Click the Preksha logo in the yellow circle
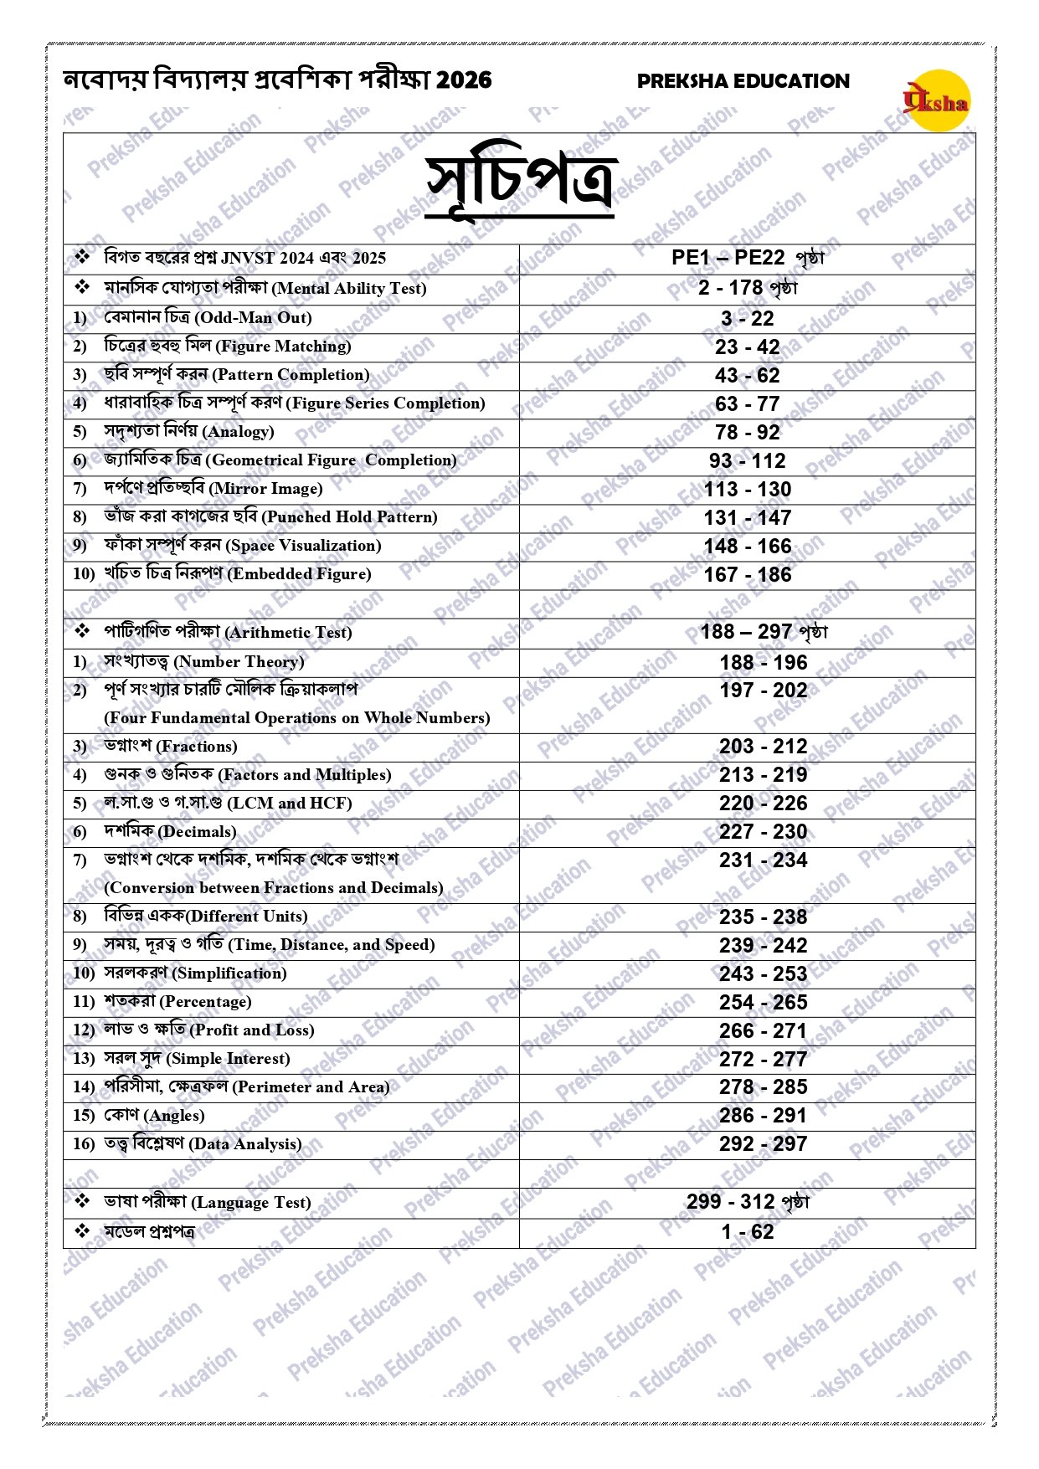pos(937,101)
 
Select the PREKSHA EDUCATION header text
pos(743,81)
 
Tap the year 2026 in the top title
pos(464,80)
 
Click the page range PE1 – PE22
pos(728,258)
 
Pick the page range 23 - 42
pos(747,347)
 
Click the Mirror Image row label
pos(213,489)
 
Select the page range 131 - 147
pos(747,518)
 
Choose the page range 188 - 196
pos(763,663)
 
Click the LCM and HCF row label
pos(228,804)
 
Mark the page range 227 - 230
pos(763,832)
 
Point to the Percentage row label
pos(177,1002)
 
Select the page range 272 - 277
pos(763,1060)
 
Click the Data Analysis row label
pos(203,1144)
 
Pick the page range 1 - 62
pos(747,1232)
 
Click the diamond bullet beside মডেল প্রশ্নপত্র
pos(82,1231)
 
